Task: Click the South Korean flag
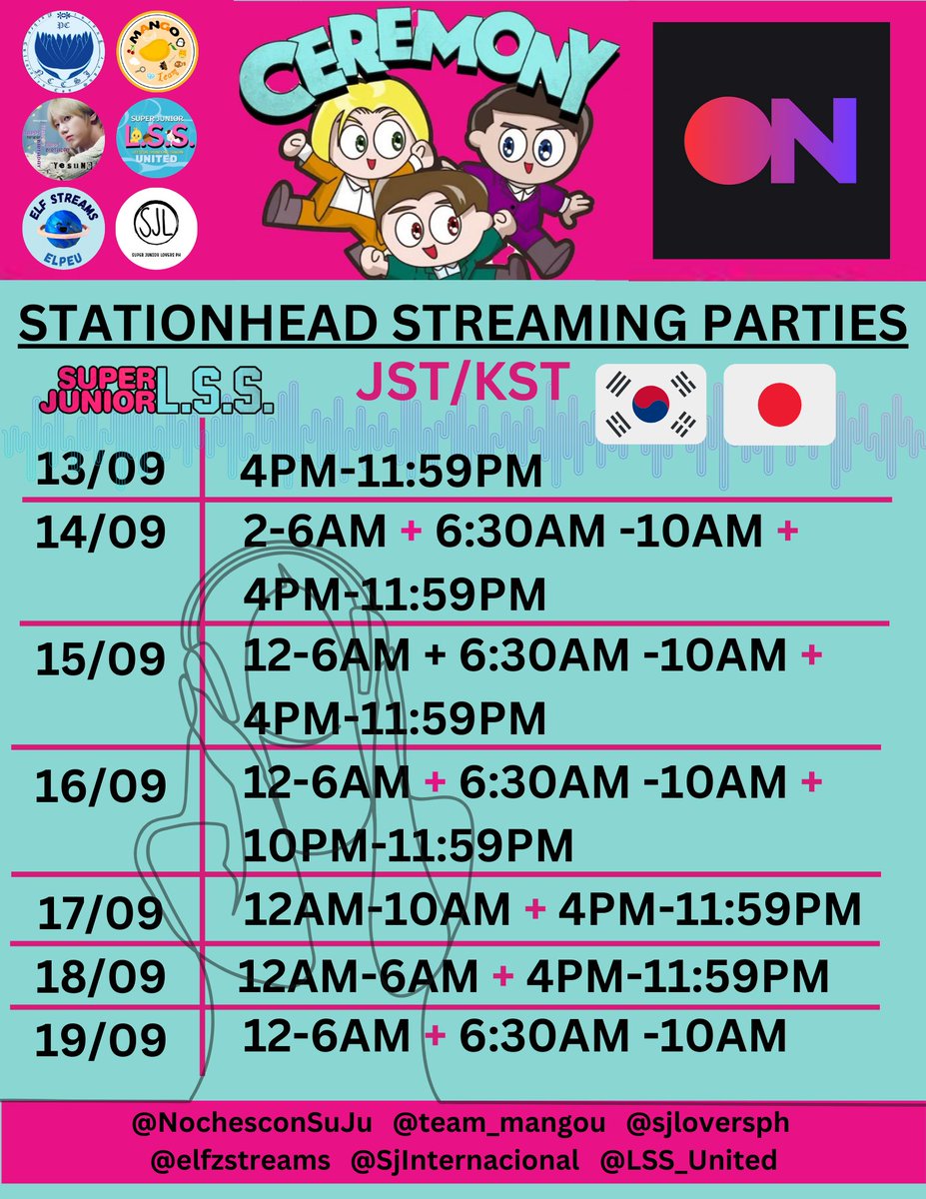650,404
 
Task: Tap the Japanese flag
778,404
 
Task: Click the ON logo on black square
770,141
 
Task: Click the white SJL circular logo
157,229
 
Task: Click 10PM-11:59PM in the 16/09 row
409,846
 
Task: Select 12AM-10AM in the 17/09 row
378,910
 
